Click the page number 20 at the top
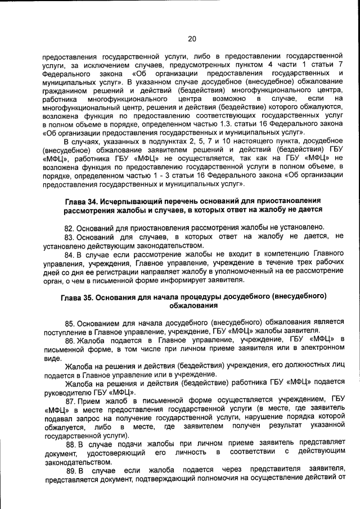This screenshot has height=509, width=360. pyautogui.click(x=192, y=39)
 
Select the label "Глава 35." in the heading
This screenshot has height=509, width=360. pyautogui.click(x=78, y=296)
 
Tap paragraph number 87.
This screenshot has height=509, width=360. pyautogui.click(x=71, y=401)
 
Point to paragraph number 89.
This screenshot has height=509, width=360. pyautogui.click(x=71, y=470)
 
